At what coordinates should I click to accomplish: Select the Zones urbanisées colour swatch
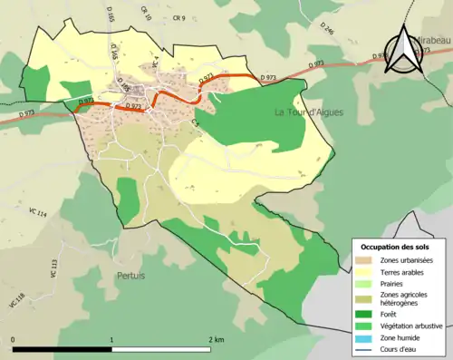(x=366, y=261)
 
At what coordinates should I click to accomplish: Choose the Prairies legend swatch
(x=366, y=284)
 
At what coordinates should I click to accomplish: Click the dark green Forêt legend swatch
(x=366, y=314)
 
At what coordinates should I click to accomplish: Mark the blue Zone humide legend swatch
(x=366, y=336)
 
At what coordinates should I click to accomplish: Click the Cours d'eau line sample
(x=366, y=347)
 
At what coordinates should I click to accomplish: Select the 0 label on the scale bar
(x=14, y=339)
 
